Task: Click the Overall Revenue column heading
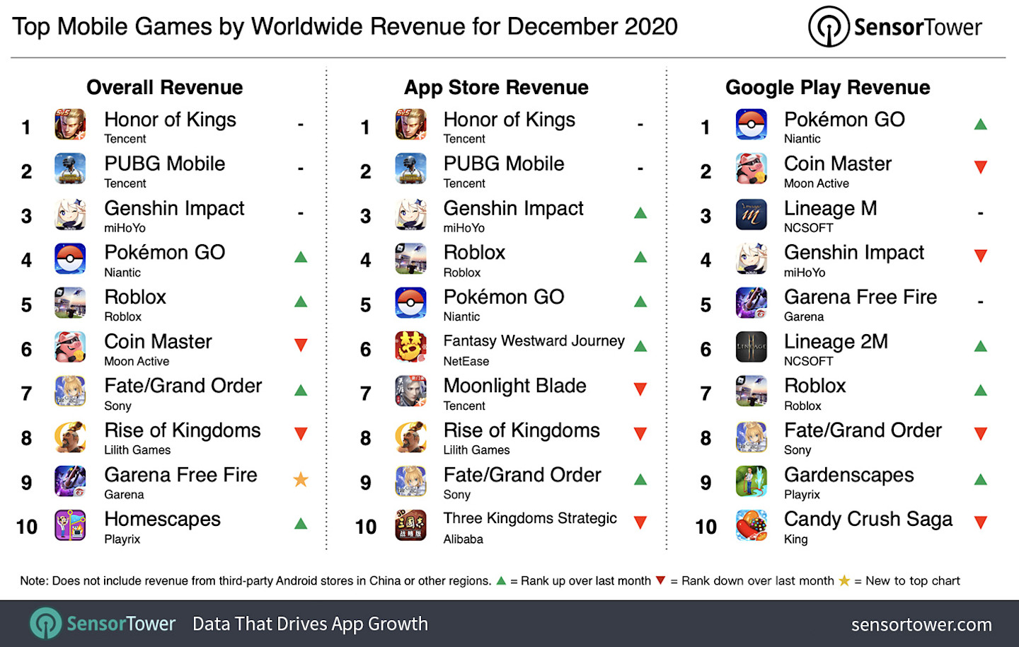click(x=164, y=87)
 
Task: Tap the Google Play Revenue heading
click(x=827, y=87)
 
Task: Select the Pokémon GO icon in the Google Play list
click(x=751, y=125)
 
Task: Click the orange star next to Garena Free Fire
click(x=301, y=480)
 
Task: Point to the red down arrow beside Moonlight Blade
click(x=640, y=389)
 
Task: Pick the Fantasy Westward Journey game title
click(x=534, y=341)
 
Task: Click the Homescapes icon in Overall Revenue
click(x=70, y=525)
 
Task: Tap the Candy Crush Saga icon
click(x=751, y=525)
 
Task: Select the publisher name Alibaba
click(x=463, y=539)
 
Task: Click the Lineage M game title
click(x=830, y=208)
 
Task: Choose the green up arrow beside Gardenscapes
click(x=980, y=480)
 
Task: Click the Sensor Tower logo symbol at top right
click(x=829, y=27)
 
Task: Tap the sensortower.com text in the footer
click(x=921, y=624)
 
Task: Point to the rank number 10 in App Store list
click(x=366, y=527)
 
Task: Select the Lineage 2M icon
click(x=751, y=347)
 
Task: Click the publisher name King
click(x=795, y=539)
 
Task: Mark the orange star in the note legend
click(x=844, y=580)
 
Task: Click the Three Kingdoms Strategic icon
click(x=410, y=525)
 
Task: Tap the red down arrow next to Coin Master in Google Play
click(x=980, y=168)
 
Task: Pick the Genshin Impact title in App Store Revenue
click(x=513, y=208)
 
